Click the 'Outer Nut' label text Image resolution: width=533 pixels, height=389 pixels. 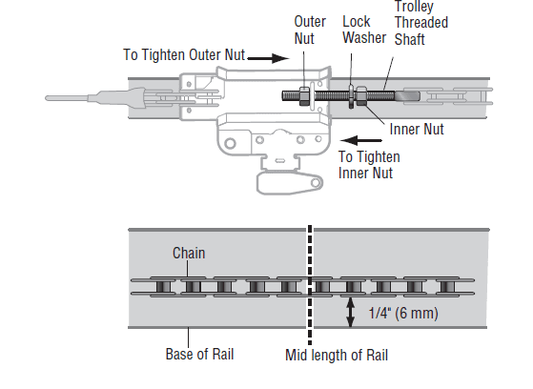(x=310, y=30)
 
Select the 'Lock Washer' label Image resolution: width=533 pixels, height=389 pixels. (x=364, y=30)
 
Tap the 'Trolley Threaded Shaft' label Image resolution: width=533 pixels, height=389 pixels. (x=421, y=23)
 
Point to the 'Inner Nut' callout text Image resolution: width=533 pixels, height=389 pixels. (x=417, y=130)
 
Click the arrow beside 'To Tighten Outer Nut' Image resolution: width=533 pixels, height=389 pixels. (x=269, y=58)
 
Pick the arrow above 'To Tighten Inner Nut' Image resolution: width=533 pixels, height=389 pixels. (x=361, y=140)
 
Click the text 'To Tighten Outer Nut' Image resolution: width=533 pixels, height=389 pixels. (x=184, y=54)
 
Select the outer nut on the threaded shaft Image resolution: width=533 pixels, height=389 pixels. (x=304, y=96)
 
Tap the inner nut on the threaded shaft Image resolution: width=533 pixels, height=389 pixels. (x=361, y=96)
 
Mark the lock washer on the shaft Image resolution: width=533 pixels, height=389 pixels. (x=351, y=96)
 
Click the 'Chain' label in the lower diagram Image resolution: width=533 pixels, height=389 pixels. (x=189, y=253)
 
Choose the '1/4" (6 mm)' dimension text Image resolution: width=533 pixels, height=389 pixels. (x=403, y=313)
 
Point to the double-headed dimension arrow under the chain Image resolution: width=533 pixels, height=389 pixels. (x=350, y=312)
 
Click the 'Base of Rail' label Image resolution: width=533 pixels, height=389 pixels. (x=199, y=354)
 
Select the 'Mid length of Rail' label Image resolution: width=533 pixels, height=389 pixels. (x=337, y=355)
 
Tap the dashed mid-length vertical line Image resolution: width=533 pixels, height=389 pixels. (x=310, y=285)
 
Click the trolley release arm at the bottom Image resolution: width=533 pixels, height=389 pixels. (x=290, y=183)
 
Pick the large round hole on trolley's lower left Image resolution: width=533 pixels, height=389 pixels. (x=230, y=143)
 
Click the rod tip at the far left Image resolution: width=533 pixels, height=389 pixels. (x=48, y=98)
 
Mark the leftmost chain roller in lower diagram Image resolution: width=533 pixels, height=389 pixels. (x=163, y=287)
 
